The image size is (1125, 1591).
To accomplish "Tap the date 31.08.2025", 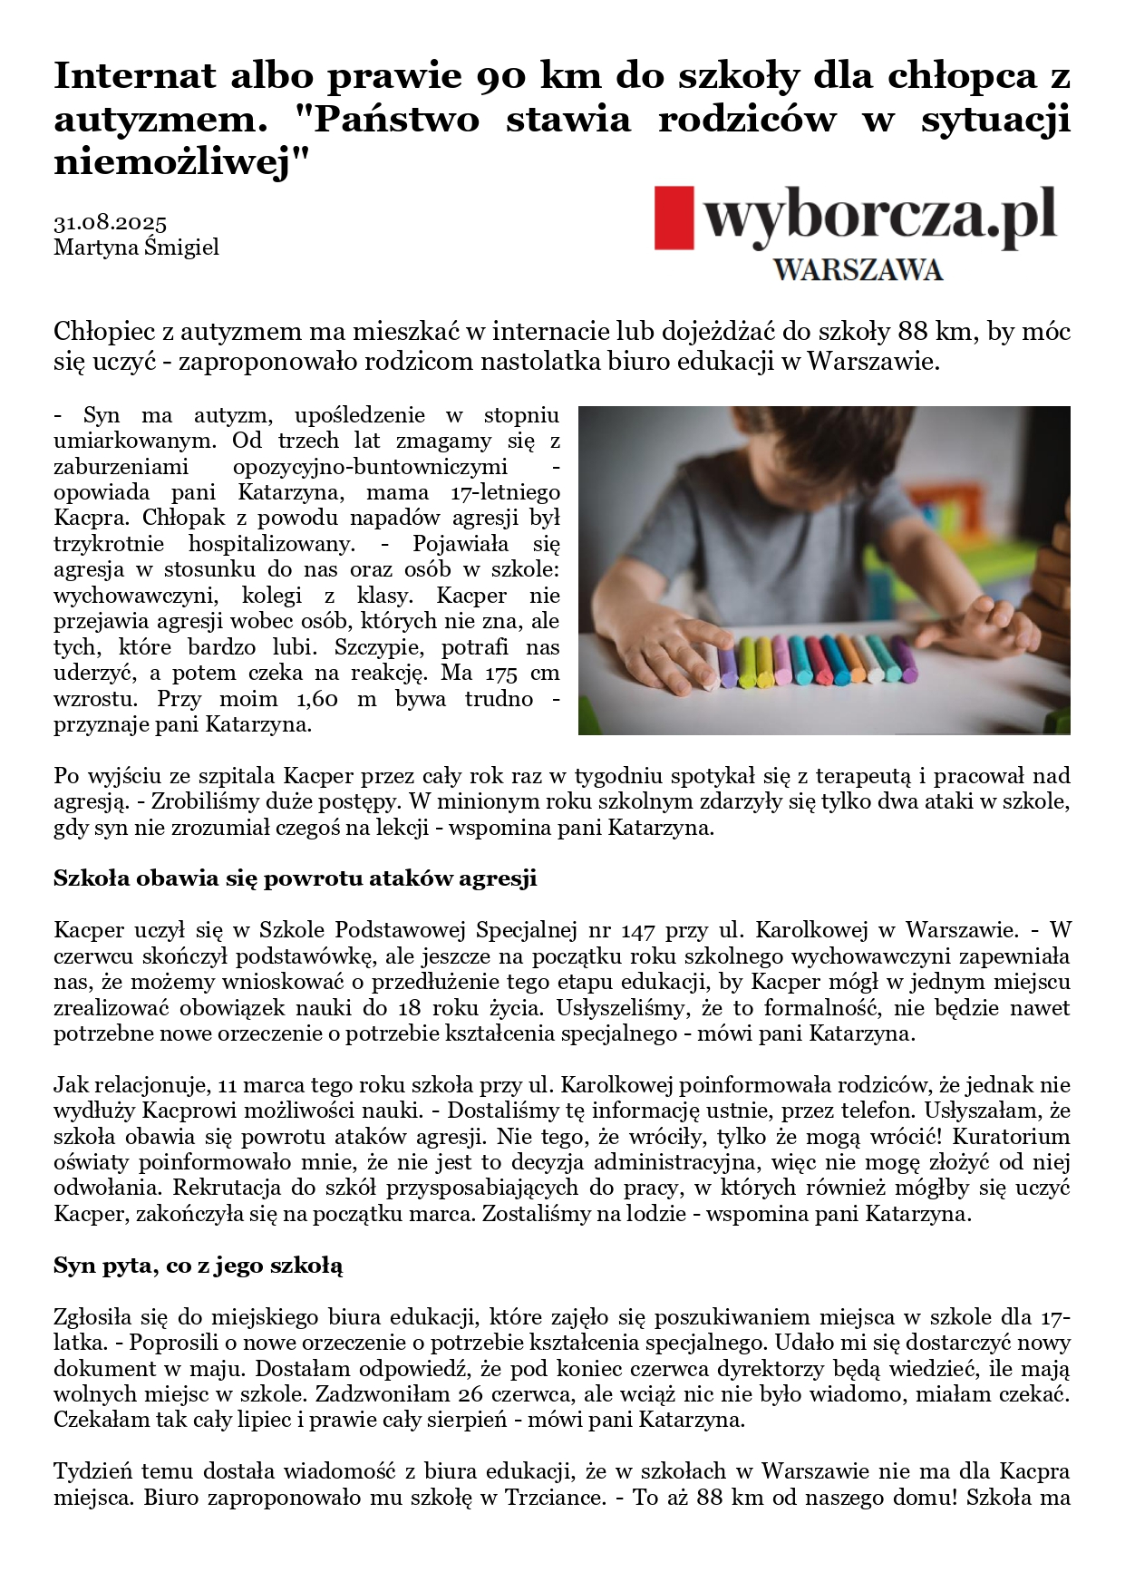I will coord(110,223).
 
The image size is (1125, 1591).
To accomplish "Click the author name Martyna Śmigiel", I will coord(136,247).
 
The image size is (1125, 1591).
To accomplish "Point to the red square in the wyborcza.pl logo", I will coord(674,218).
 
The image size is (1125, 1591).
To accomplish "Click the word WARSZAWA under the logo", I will coord(858,270).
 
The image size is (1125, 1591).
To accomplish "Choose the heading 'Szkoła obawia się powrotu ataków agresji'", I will coord(295,878).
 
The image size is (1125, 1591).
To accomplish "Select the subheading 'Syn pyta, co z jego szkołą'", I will coord(198,1266).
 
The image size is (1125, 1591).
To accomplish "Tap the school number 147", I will coord(638,930).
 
